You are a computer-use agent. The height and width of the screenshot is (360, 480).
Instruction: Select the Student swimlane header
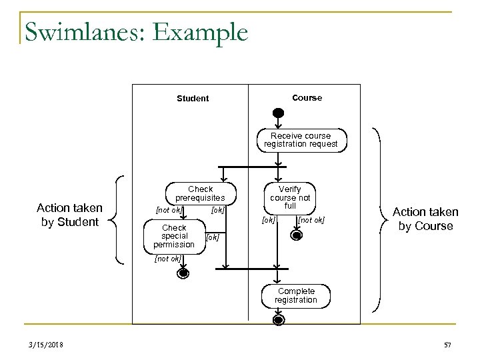pyautogui.click(x=192, y=99)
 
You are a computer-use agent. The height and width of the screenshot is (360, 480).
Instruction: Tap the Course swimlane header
pyautogui.click(x=307, y=98)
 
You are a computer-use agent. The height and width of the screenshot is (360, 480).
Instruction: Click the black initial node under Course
pyautogui.click(x=278, y=113)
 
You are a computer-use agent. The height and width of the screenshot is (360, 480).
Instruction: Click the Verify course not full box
pyautogui.click(x=290, y=198)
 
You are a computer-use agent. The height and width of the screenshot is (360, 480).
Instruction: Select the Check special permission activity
pyautogui.click(x=174, y=236)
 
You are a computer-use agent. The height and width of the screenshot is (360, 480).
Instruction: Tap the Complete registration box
pyautogui.click(x=297, y=295)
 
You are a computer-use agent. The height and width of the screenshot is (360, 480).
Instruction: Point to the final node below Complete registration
pyautogui.click(x=278, y=320)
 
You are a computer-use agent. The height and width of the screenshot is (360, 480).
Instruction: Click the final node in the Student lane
pyautogui.click(x=182, y=273)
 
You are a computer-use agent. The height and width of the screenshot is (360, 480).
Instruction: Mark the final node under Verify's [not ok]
pyautogui.click(x=294, y=235)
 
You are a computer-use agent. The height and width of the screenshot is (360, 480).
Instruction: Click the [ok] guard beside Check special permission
pyautogui.click(x=212, y=237)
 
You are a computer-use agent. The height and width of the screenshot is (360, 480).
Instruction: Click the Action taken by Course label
pyautogui.click(x=425, y=219)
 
